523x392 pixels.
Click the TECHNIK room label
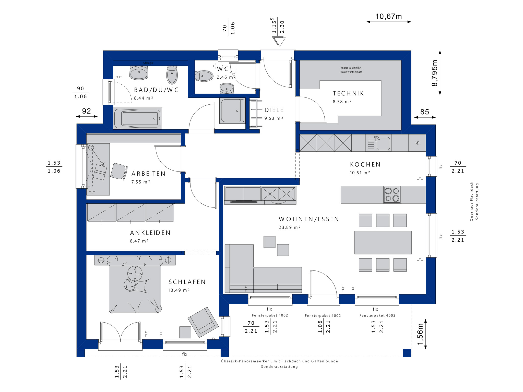348,93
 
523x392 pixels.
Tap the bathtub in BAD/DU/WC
137,118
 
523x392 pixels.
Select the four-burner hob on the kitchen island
392,194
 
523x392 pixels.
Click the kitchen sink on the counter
383,143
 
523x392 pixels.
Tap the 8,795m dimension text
435,73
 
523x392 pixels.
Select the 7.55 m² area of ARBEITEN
140,182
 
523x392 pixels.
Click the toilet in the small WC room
204,76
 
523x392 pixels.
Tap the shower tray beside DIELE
232,111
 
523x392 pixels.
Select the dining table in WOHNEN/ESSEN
383,242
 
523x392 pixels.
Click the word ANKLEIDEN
150,233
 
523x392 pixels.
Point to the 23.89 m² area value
290,227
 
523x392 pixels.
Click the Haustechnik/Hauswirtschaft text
351,70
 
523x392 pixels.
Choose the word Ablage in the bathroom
148,63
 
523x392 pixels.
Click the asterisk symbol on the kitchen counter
417,143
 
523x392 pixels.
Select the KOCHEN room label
365,165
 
